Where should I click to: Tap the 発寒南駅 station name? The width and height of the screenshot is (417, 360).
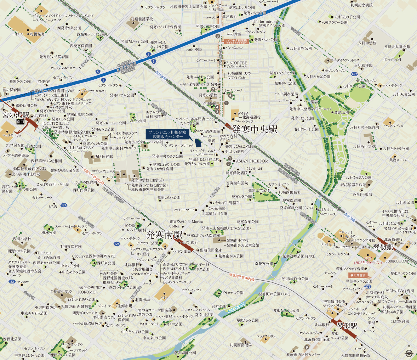point(164,235)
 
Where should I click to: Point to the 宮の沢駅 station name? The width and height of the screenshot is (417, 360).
point(16,115)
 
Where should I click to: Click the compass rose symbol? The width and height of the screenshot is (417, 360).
point(409,353)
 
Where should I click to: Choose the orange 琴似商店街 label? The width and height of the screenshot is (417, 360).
point(358,275)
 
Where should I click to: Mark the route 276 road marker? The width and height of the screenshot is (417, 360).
point(368,286)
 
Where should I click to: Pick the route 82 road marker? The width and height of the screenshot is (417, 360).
point(12,282)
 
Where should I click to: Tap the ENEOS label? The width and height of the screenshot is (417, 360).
point(44,82)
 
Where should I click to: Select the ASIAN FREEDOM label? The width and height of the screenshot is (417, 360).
point(252,161)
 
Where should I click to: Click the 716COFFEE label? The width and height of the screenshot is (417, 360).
point(237,63)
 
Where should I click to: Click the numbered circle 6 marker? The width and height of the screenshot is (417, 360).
point(230,95)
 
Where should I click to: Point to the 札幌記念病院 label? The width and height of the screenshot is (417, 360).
point(362,5)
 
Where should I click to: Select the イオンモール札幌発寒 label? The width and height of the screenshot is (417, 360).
point(29,34)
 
